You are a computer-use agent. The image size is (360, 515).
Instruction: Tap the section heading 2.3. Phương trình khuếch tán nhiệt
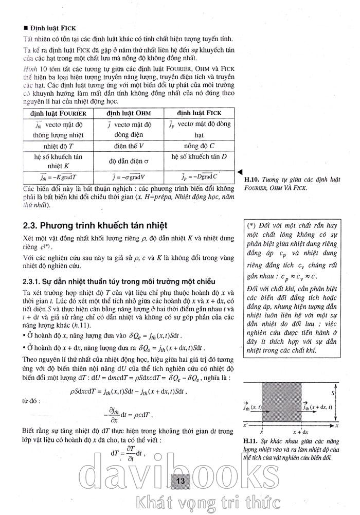click(x=95, y=226)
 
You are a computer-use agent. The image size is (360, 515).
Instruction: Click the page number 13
click(x=180, y=481)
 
